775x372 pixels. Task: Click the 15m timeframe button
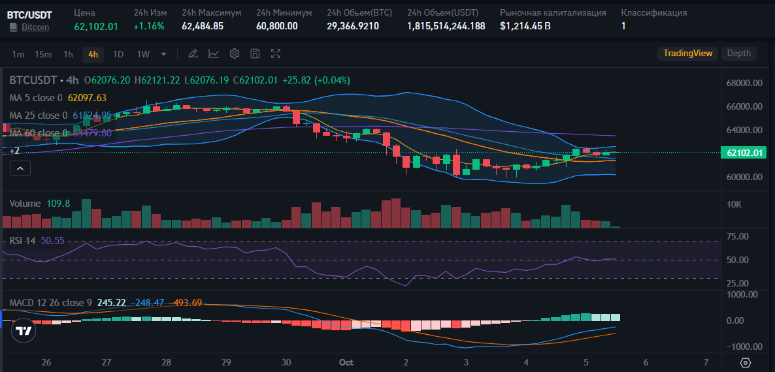pyautogui.click(x=43, y=54)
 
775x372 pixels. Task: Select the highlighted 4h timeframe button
pyautogui.click(x=93, y=54)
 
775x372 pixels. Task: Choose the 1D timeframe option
pyautogui.click(x=118, y=54)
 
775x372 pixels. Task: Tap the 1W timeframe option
pyautogui.click(x=143, y=54)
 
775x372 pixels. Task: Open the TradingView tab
pyautogui.click(x=687, y=54)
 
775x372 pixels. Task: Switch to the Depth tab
pyautogui.click(x=738, y=54)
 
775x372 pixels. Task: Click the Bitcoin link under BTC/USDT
pyautogui.click(x=35, y=27)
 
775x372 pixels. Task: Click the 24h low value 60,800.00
pyautogui.click(x=276, y=26)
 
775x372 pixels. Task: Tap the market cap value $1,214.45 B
pyautogui.click(x=525, y=26)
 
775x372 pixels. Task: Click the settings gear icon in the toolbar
pyautogui.click(x=235, y=54)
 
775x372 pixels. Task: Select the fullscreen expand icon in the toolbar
pyautogui.click(x=276, y=54)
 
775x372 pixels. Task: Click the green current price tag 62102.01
pyautogui.click(x=744, y=153)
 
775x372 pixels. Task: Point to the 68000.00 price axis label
pyautogui.click(x=744, y=83)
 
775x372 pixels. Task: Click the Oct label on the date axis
pyautogui.click(x=346, y=362)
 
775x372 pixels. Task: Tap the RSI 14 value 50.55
pyautogui.click(x=52, y=240)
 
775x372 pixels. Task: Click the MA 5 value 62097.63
pyautogui.click(x=87, y=98)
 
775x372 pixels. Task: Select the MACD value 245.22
pyautogui.click(x=111, y=303)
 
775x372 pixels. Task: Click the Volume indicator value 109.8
pyautogui.click(x=58, y=204)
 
